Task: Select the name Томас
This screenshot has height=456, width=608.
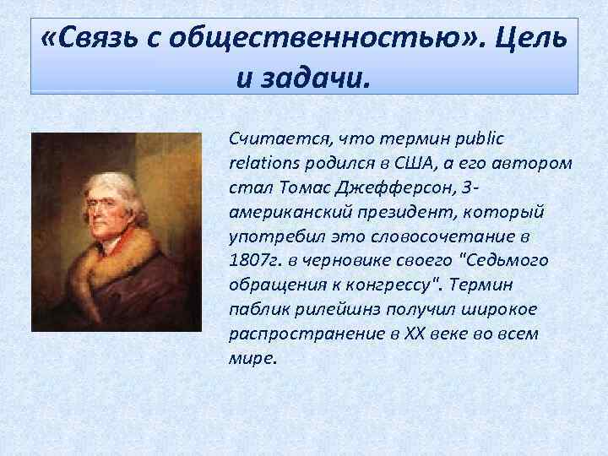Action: tap(289, 185)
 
